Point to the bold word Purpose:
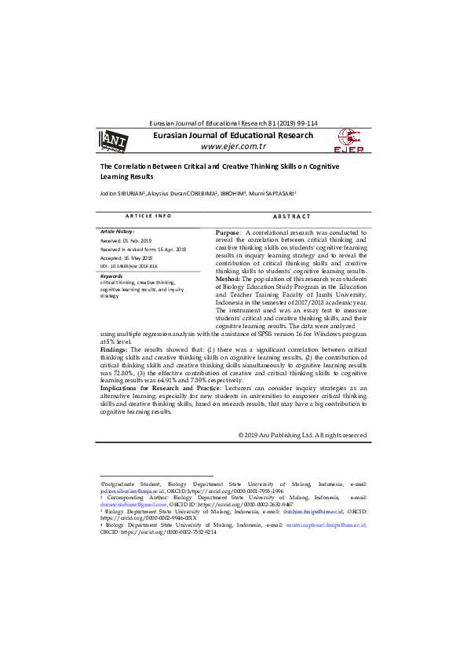tap(230, 233)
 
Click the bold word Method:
tap(228, 278)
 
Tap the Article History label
tap(118, 232)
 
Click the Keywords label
tap(112, 276)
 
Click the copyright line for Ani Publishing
tap(302, 434)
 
